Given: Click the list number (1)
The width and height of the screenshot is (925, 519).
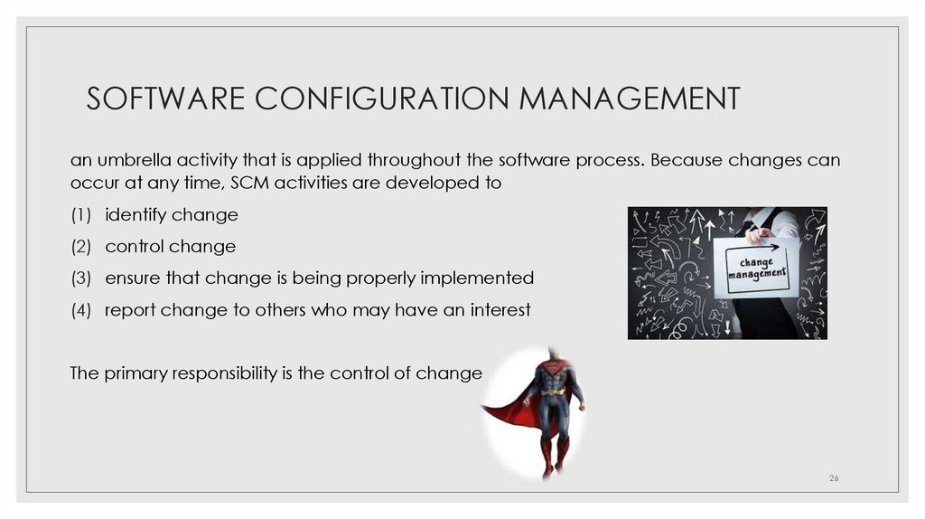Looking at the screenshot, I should click(x=81, y=215).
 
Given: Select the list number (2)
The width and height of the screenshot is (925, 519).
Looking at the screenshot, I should click(x=81, y=247).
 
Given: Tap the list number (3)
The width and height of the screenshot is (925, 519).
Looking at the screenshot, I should click(x=81, y=278).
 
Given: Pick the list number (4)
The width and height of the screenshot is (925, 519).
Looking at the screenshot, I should click(x=81, y=309).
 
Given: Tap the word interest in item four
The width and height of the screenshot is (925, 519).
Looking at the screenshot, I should click(x=501, y=309).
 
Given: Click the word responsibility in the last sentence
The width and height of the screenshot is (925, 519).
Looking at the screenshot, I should click(x=210, y=373).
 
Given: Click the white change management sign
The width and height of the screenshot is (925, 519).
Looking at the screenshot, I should click(x=757, y=266).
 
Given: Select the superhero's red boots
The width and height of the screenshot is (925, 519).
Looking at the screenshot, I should click(x=554, y=456).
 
